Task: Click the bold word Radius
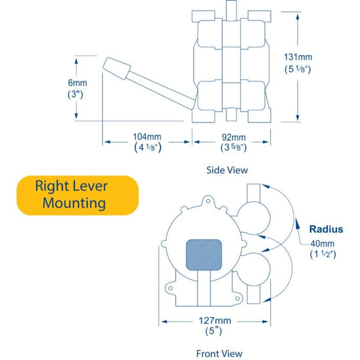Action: coord(326,229)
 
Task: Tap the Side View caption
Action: coord(227,170)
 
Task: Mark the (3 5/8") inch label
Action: coord(231,147)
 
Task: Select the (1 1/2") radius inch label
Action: coord(323,254)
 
